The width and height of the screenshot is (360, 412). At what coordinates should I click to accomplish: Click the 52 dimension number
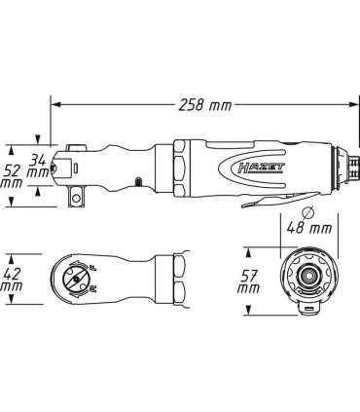[x=16, y=169]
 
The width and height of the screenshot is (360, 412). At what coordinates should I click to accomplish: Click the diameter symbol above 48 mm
[x=307, y=211]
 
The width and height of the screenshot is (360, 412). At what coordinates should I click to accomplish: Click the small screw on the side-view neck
[x=139, y=179]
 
